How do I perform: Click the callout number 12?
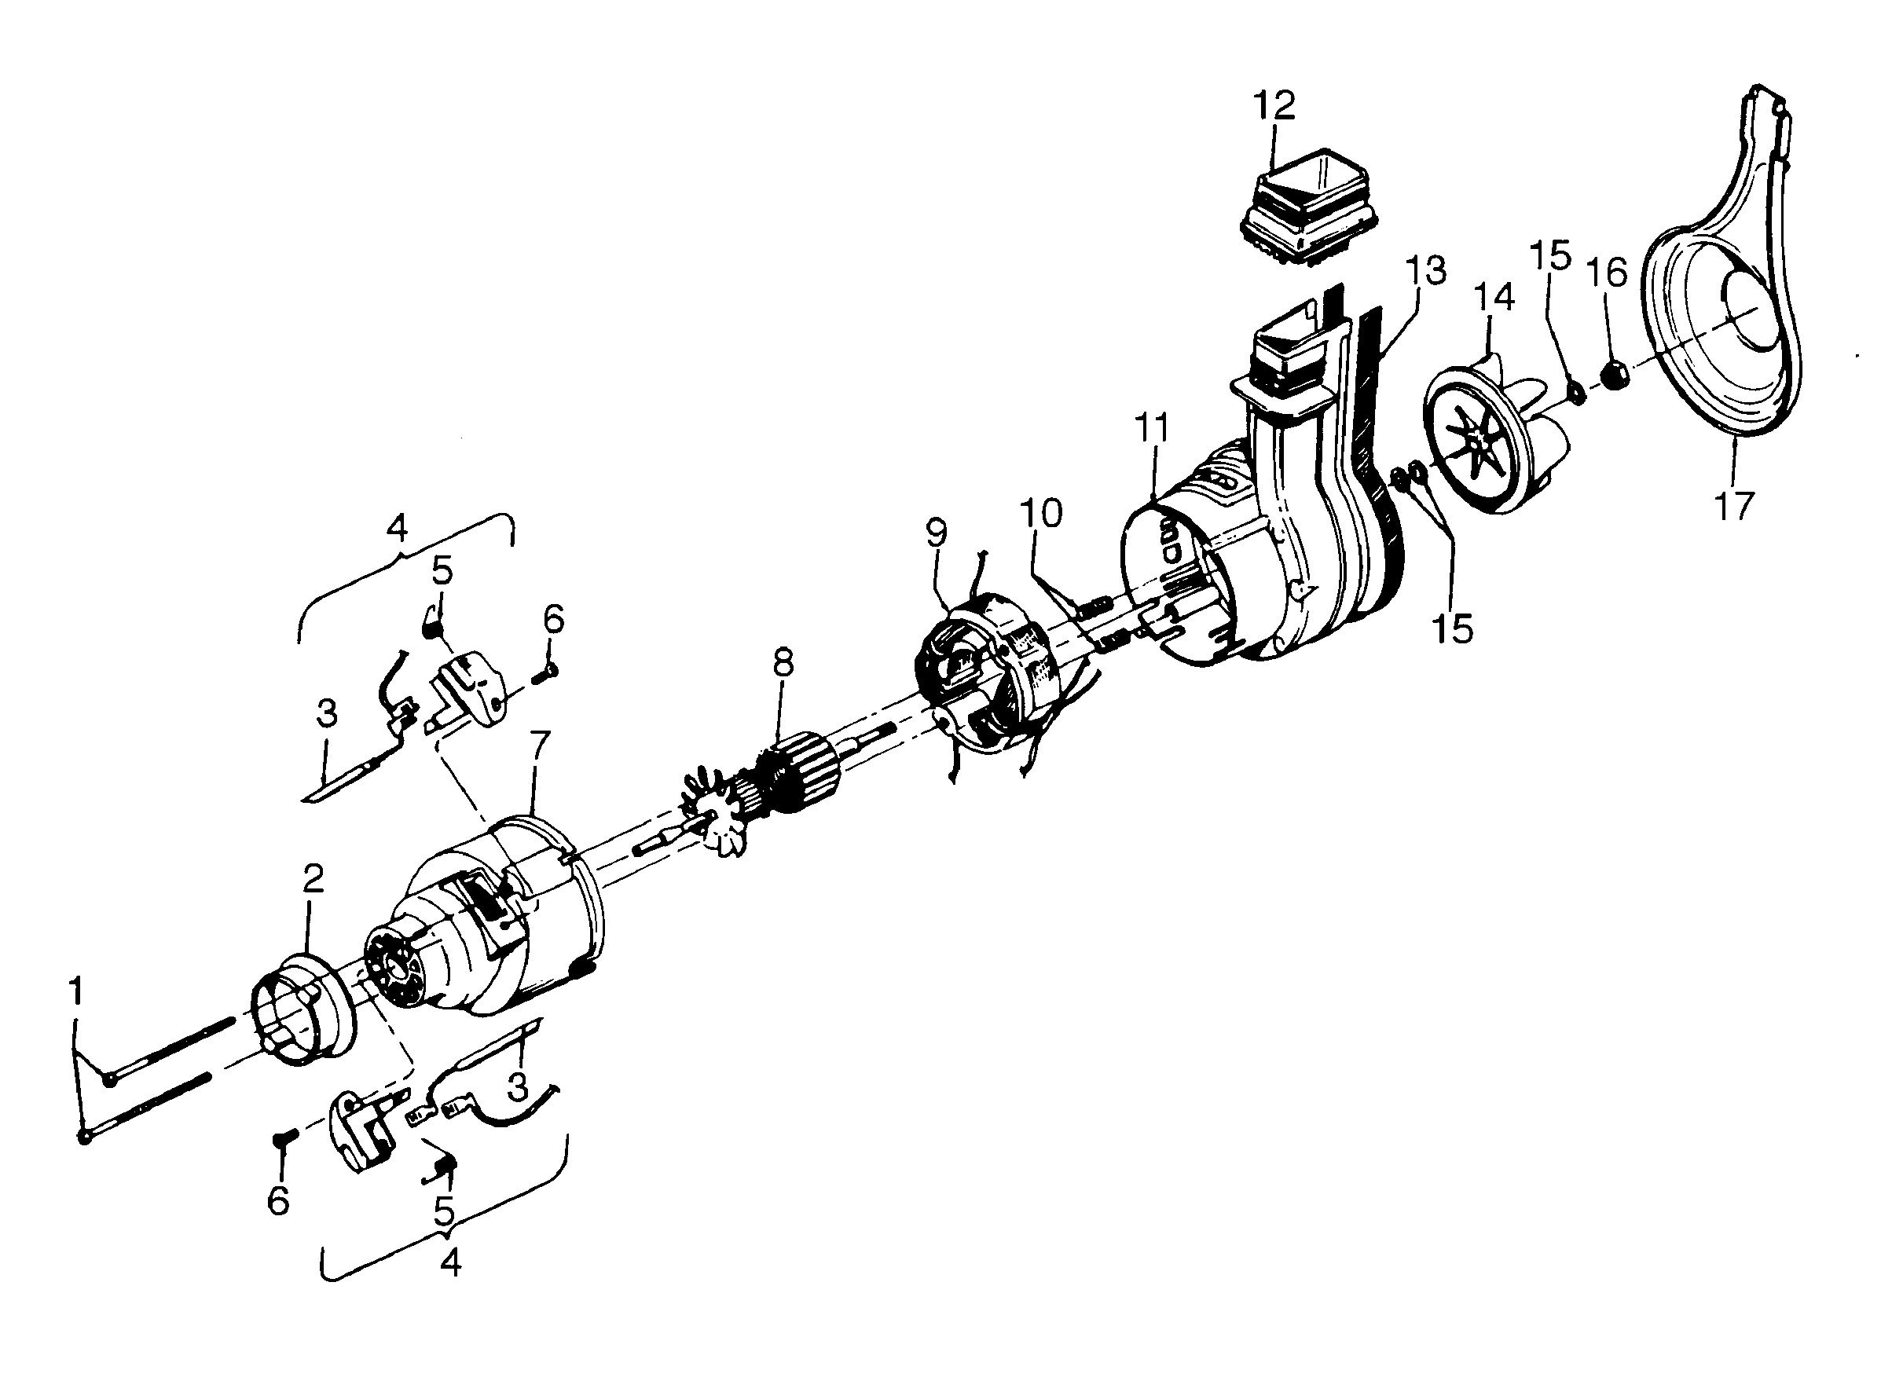pyautogui.click(x=1274, y=106)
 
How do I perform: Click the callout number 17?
pyautogui.click(x=1734, y=506)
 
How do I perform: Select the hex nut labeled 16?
pyautogui.click(x=1612, y=374)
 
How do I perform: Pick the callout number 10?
pyautogui.click(x=1042, y=512)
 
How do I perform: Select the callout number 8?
pyautogui.click(x=783, y=663)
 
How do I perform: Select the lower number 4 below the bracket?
pyautogui.click(x=451, y=1262)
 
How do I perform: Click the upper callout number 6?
pyautogui.click(x=553, y=619)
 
